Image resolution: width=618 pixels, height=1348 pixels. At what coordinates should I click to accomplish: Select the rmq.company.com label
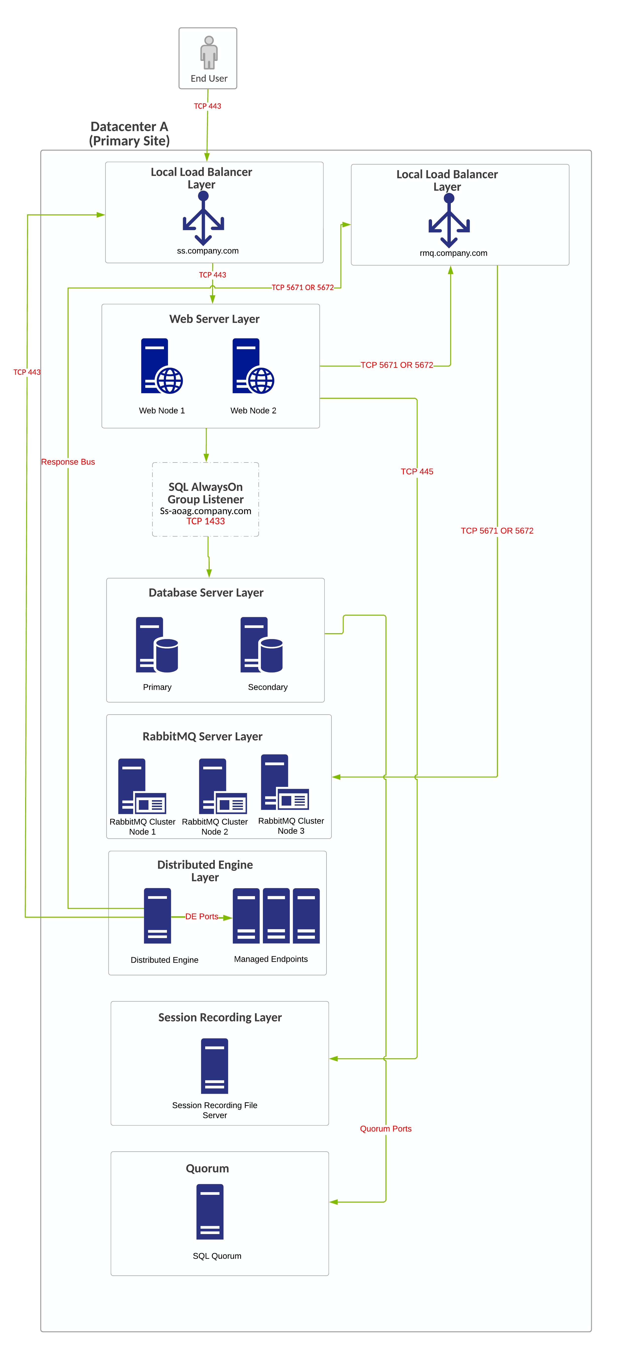pyautogui.click(x=453, y=253)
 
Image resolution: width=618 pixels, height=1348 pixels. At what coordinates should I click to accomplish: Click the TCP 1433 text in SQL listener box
pyautogui.click(x=206, y=521)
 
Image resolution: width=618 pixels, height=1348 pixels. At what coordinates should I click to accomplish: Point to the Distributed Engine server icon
pyautogui.click(x=158, y=916)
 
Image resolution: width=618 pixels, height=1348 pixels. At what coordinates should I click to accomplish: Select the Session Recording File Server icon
pyautogui.click(x=215, y=1066)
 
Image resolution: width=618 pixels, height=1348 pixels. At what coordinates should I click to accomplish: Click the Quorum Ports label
pyautogui.click(x=386, y=1129)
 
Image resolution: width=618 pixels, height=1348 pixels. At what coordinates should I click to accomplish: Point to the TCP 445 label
pyautogui.click(x=417, y=471)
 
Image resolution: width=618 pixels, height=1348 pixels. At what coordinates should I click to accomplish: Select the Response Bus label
pyautogui.click(x=68, y=462)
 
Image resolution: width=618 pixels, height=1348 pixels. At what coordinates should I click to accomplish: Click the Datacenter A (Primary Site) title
pyautogui.click(x=129, y=134)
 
